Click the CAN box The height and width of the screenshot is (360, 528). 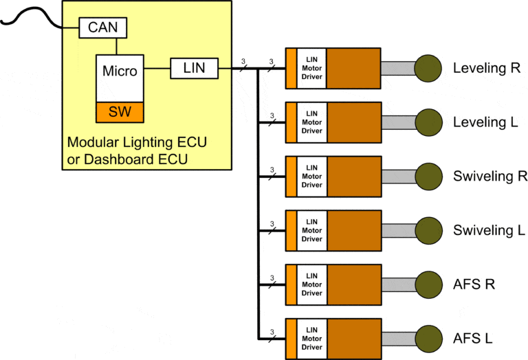coord(103,28)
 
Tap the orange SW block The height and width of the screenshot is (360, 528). coord(120,111)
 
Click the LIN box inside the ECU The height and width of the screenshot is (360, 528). coord(194,68)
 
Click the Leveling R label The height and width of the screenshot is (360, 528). coord(485,68)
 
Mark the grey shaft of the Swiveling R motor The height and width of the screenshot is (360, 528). coord(397,176)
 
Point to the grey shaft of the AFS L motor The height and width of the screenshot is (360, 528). coord(397,338)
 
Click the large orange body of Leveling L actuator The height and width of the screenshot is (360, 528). coord(353,122)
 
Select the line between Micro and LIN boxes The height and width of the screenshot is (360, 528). coord(157,68)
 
